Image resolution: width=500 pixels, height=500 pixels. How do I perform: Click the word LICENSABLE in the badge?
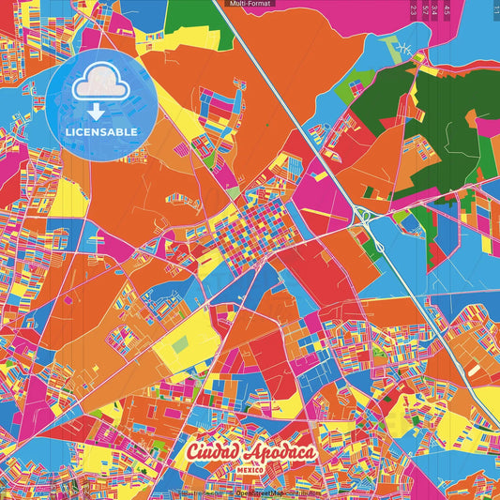pyautogui.click(x=101, y=131)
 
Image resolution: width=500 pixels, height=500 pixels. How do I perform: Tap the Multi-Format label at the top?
pyautogui.click(x=250, y=4)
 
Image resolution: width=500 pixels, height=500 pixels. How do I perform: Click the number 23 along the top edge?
pyautogui.click(x=414, y=9)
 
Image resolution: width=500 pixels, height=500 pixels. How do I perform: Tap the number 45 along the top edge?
pyautogui.click(x=447, y=9)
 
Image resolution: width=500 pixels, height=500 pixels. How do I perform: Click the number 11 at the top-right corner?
pyautogui.click(x=494, y=8)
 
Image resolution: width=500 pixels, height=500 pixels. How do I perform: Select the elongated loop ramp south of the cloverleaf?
pyautogui.click(x=381, y=243)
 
